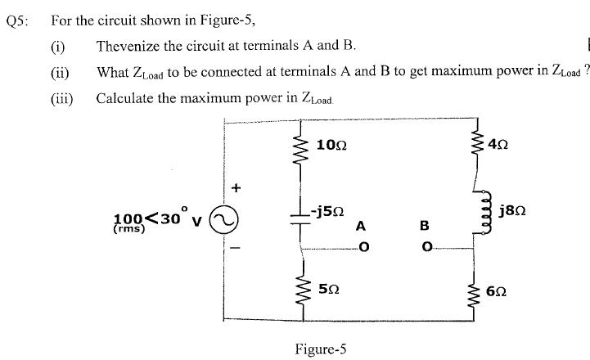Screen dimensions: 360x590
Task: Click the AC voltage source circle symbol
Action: click(x=223, y=218)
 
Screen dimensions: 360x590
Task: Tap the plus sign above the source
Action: click(x=236, y=187)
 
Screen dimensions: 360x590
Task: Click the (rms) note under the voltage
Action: click(x=128, y=230)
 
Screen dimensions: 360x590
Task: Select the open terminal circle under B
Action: click(x=425, y=245)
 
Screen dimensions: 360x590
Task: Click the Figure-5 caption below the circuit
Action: click(x=321, y=348)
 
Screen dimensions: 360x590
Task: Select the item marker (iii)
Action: click(x=62, y=98)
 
